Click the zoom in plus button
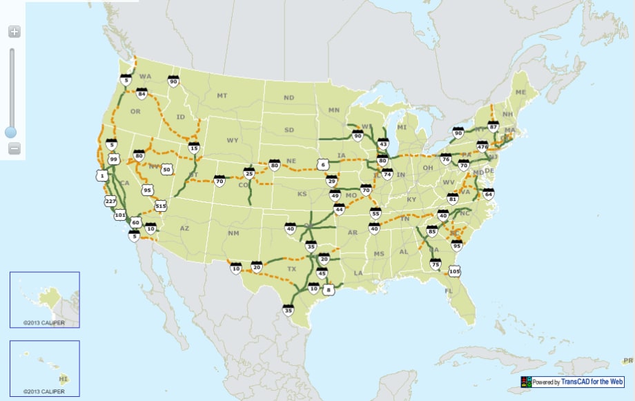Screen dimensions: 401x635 (x=14, y=31)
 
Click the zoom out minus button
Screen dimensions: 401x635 (x=14, y=148)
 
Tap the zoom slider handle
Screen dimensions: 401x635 (x=11, y=131)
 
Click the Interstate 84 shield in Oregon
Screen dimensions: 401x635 (x=141, y=92)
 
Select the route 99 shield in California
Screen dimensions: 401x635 (x=114, y=159)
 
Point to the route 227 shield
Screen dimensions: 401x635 (x=110, y=201)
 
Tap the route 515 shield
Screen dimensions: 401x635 (x=161, y=205)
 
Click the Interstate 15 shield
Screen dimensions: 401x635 (x=194, y=147)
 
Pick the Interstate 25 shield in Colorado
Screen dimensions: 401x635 (x=249, y=173)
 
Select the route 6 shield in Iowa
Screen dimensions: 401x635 (x=322, y=164)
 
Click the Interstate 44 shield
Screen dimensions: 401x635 (x=339, y=208)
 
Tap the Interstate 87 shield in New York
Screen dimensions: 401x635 (x=493, y=126)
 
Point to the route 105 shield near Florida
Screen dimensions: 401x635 (x=453, y=271)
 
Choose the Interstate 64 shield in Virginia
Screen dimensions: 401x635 (x=489, y=193)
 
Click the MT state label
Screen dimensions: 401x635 (x=222, y=95)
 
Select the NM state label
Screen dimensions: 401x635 (x=233, y=233)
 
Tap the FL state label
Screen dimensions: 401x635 (x=449, y=291)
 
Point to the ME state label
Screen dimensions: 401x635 (x=520, y=92)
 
